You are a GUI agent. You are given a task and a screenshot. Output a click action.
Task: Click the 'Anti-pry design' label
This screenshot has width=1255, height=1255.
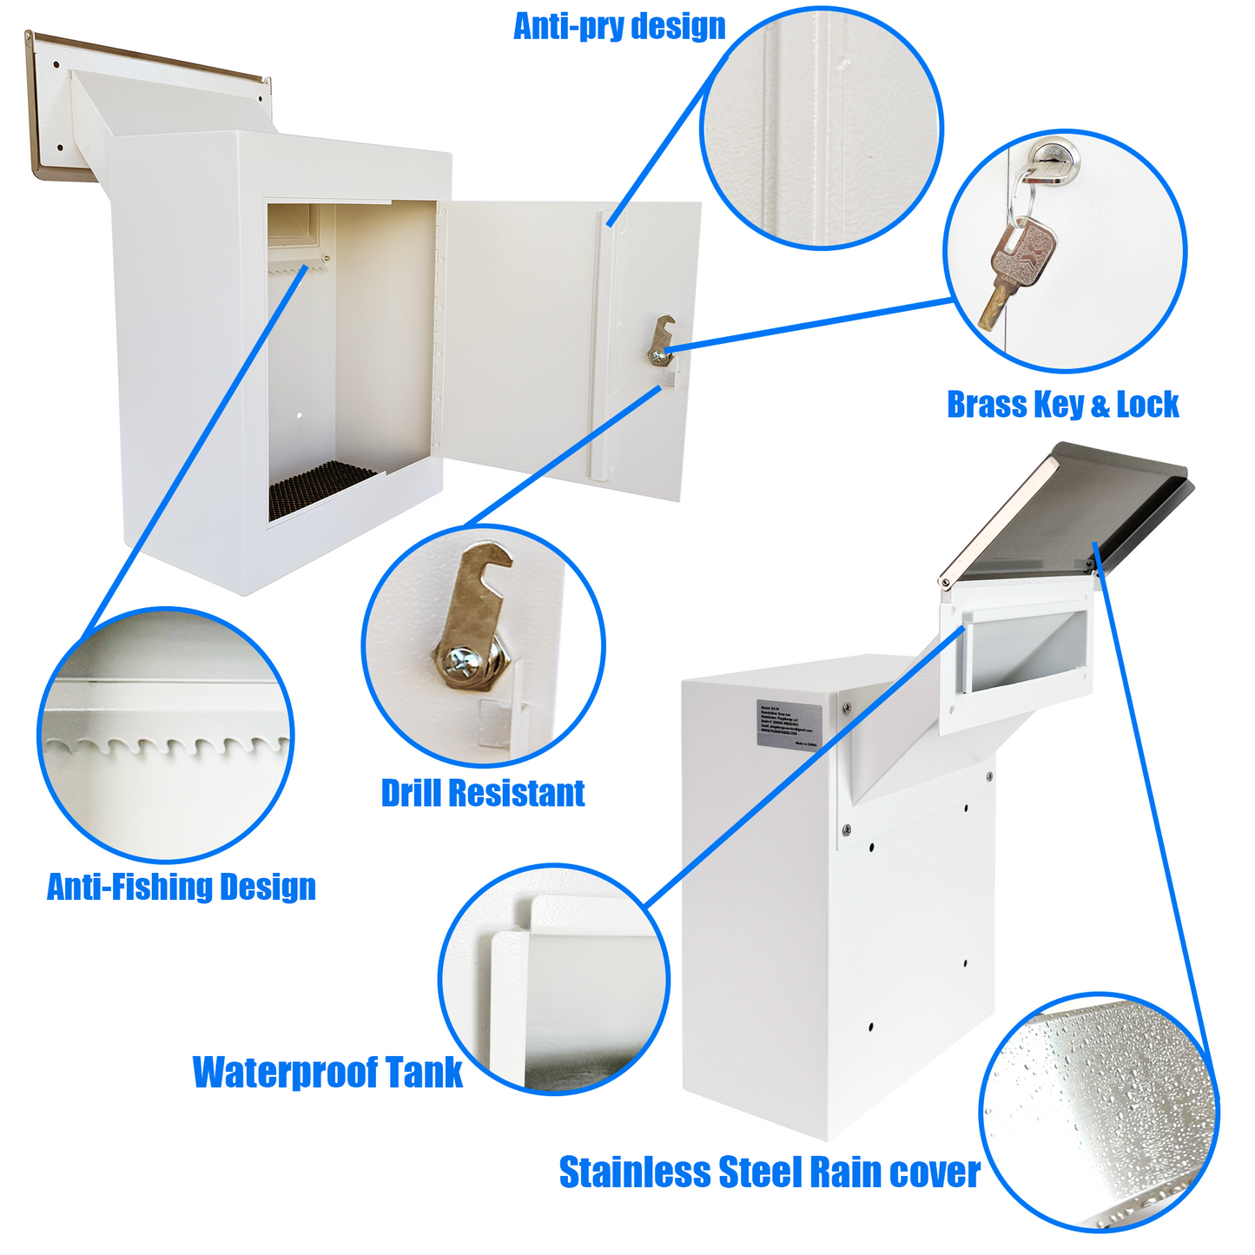pyautogui.click(x=619, y=26)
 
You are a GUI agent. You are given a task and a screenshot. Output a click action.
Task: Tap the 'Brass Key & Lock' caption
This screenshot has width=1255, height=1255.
pyautogui.click(x=1062, y=405)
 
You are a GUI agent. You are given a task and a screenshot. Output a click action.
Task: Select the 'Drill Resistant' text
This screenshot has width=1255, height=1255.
pyautogui.click(x=483, y=793)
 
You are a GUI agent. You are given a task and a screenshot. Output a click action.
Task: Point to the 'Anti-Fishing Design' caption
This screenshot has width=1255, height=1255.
pyautogui.click(x=181, y=887)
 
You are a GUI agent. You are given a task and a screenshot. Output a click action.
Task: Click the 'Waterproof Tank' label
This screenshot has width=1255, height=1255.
pyautogui.click(x=327, y=1072)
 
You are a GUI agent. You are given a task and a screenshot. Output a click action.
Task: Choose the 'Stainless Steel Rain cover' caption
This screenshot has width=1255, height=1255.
pyautogui.click(x=770, y=1172)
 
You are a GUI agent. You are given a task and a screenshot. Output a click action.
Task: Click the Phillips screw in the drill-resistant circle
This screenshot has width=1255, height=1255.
pyautogui.click(x=457, y=662)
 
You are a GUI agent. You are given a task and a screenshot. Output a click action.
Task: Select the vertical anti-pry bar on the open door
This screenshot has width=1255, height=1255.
pyautogui.click(x=603, y=347)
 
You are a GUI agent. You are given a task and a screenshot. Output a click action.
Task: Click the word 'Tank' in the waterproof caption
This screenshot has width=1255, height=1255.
pyautogui.click(x=424, y=1072)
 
